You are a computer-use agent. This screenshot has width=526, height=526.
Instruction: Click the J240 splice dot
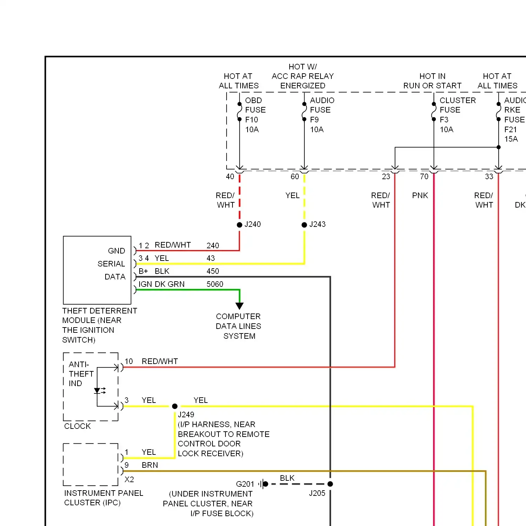click(x=240, y=225)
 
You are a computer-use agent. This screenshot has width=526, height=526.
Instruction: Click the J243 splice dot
click(x=304, y=225)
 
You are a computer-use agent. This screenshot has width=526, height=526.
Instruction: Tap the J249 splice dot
click(x=175, y=406)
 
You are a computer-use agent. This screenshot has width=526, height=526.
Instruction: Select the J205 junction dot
click(x=330, y=484)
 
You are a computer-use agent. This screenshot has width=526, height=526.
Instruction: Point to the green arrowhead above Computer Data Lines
click(x=240, y=306)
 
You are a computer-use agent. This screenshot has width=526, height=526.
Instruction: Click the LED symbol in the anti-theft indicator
click(x=97, y=391)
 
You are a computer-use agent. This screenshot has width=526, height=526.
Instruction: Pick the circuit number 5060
click(x=215, y=284)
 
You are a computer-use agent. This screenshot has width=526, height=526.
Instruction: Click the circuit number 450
click(x=213, y=271)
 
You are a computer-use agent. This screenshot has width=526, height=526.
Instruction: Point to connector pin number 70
click(x=424, y=176)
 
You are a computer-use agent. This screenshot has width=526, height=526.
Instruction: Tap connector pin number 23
click(x=386, y=176)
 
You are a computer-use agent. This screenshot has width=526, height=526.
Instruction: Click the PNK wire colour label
click(x=420, y=195)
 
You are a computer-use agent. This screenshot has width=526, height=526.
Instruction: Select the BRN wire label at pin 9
click(x=150, y=465)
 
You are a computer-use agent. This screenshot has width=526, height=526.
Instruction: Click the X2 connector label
click(x=129, y=479)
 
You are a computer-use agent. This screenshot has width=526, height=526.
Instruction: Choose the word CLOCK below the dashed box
click(x=77, y=426)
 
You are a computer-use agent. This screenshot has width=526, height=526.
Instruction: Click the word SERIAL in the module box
click(x=111, y=264)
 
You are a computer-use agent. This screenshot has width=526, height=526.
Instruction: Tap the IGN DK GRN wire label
click(x=161, y=284)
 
